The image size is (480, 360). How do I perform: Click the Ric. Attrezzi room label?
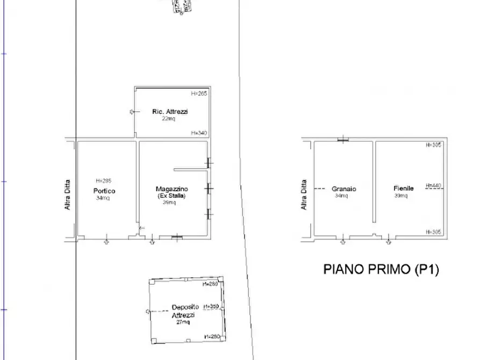(170, 112)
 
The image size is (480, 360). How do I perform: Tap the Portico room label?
(104, 191)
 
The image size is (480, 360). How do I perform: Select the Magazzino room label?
(171, 189)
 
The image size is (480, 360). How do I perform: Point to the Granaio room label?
(344, 189)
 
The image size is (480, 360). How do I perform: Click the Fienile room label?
(404, 189)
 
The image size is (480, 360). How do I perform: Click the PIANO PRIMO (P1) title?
(381, 270)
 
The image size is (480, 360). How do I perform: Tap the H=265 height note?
(199, 93)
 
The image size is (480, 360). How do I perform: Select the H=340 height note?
(199, 133)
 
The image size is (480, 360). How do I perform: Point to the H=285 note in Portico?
(103, 181)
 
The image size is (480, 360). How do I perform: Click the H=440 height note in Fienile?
(433, 186)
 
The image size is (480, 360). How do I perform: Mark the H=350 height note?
(211, 307)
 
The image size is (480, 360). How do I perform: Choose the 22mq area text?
(169, 119)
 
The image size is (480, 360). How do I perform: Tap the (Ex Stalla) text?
(171, 196)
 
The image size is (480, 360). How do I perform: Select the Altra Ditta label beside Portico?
(68, 194)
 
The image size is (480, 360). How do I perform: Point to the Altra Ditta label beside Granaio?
(304, 194)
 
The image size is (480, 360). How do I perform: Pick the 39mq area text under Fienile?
(400, 196)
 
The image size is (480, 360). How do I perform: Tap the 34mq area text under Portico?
(102, 198)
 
